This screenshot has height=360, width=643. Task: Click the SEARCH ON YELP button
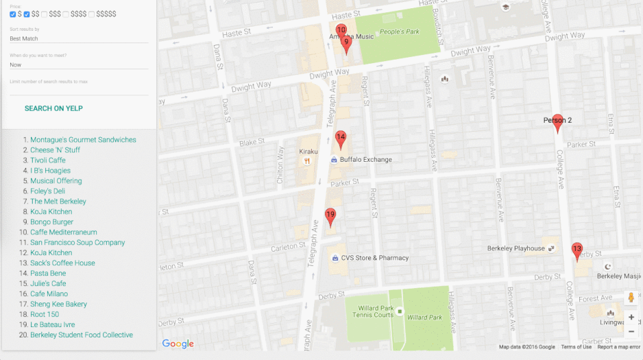pyautogui.click(x=53, y=108)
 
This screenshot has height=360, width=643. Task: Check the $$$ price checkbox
pyautogui.click(x=45, y=14)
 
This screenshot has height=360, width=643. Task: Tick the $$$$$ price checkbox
pyautogui.click(x=92, y=14)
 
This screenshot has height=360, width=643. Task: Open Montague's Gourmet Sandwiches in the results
pyautogui.click(x=83, y=140)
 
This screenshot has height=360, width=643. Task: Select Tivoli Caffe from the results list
pyautogui.click(x=48, y=160)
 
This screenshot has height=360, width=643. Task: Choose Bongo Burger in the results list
pyautogui.click(x=51, y=222)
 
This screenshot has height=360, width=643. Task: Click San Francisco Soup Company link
pyautogui.click(x=77, y=243)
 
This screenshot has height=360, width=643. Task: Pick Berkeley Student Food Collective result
pyautogui.click(x=82, y=335)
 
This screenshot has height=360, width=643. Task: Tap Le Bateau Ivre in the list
pyautogui.click(x=53, y=325)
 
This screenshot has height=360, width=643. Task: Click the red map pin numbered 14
pyautogui.click(x=341, y=139)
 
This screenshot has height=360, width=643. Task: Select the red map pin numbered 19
pyautogui.click(x=330, y=216)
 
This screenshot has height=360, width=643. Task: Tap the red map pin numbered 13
pyautogui.click(x=577, y=250)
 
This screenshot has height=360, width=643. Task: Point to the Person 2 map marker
pyautogui.click(x=557, y=122)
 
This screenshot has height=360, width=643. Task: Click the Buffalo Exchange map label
pyautogui.click(x=365, y=160)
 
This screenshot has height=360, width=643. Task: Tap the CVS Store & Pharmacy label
pyautogui.click(x=374, y=259)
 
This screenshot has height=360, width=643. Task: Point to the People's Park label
pyautogui.click(x=399, y=32)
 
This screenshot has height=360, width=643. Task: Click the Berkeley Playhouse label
pyautogui.click(x=515, y=248)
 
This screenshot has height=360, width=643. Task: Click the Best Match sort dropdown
pyautogui.click(x=79, y=39)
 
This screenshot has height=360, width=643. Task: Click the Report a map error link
pyautogui.click(x=618, y=347)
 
